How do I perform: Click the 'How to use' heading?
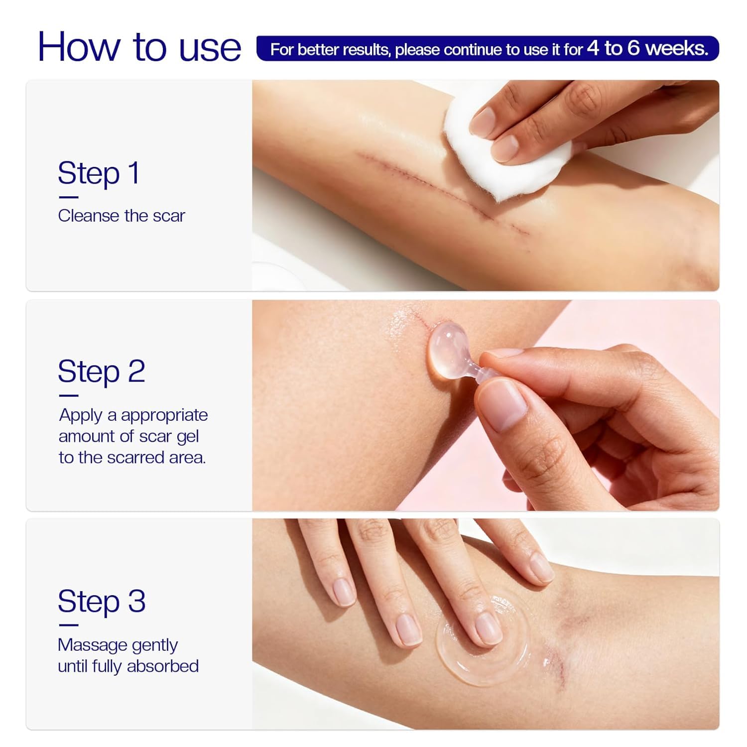point(139,47)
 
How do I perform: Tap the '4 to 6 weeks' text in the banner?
point(647,48)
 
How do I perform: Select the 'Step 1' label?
point(99,173)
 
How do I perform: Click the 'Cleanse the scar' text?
point(121,216)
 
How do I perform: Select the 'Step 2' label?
point(101,371)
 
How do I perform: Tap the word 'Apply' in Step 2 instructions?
point(80,415)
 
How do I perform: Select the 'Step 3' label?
point(102,601)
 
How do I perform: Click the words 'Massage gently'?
point(118,645)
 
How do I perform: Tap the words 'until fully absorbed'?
point(128,666)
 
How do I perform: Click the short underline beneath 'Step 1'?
point(68,197)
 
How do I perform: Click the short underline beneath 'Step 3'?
point(68,625)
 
